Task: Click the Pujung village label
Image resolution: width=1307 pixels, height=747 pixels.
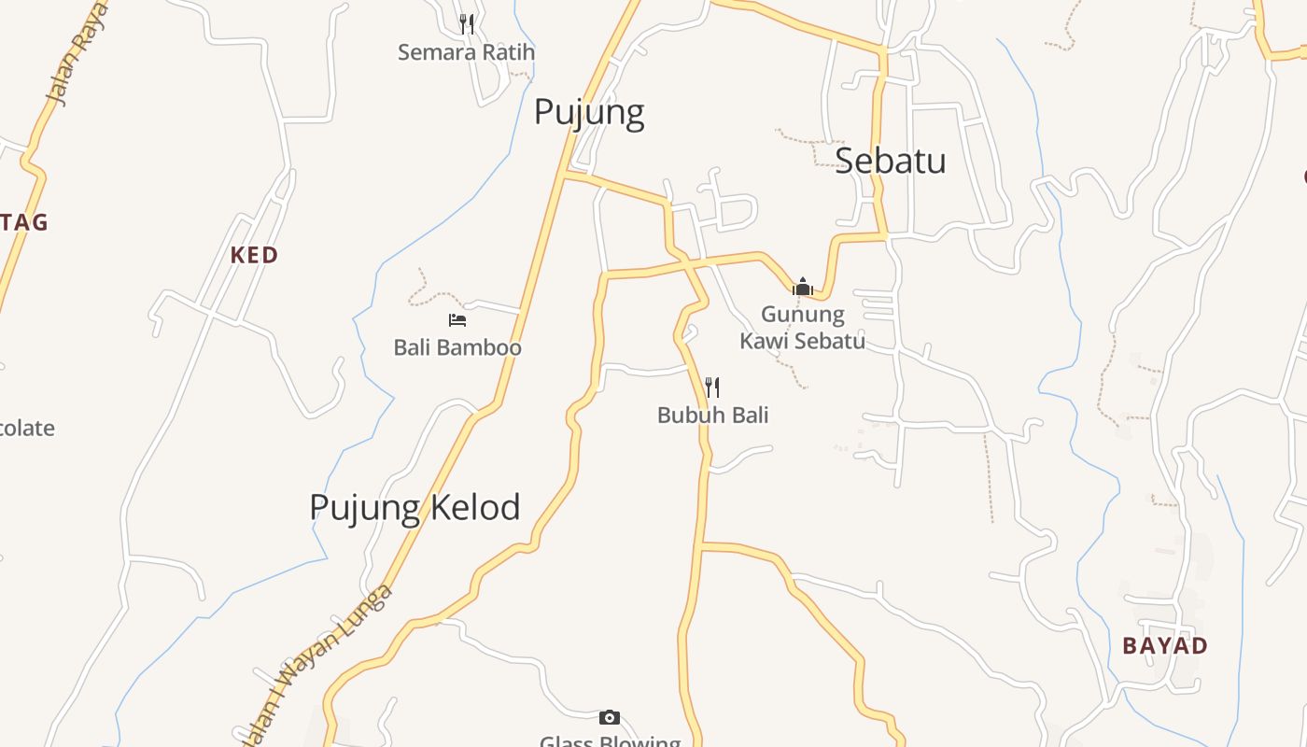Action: point(589,113)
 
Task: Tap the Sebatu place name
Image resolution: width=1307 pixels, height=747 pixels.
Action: point(890,161)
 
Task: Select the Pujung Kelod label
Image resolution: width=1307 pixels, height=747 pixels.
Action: point(415,507)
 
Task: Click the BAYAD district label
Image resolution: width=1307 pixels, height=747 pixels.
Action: point(1164,645)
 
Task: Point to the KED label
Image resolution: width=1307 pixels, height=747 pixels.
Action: point(254,255)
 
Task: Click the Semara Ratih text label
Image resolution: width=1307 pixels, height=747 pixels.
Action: point(466,52)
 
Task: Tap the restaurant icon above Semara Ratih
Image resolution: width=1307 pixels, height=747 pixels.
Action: point(467,23)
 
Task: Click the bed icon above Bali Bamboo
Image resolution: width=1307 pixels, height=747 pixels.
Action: point(457,320)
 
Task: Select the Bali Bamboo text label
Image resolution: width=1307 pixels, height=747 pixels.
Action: point(457,347)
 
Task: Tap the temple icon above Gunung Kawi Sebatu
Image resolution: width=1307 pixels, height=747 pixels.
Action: point(802,287)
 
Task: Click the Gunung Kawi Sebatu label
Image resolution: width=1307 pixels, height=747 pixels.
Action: point(802,327)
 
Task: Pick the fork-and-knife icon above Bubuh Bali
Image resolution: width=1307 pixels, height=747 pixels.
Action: point(712,387)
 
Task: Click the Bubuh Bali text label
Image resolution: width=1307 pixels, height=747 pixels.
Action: point(712,415)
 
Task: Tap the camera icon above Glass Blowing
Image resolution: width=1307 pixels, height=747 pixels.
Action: point(609,717)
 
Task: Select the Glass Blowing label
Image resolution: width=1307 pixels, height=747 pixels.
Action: point(611,740)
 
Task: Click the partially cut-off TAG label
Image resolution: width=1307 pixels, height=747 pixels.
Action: point(24,222)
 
